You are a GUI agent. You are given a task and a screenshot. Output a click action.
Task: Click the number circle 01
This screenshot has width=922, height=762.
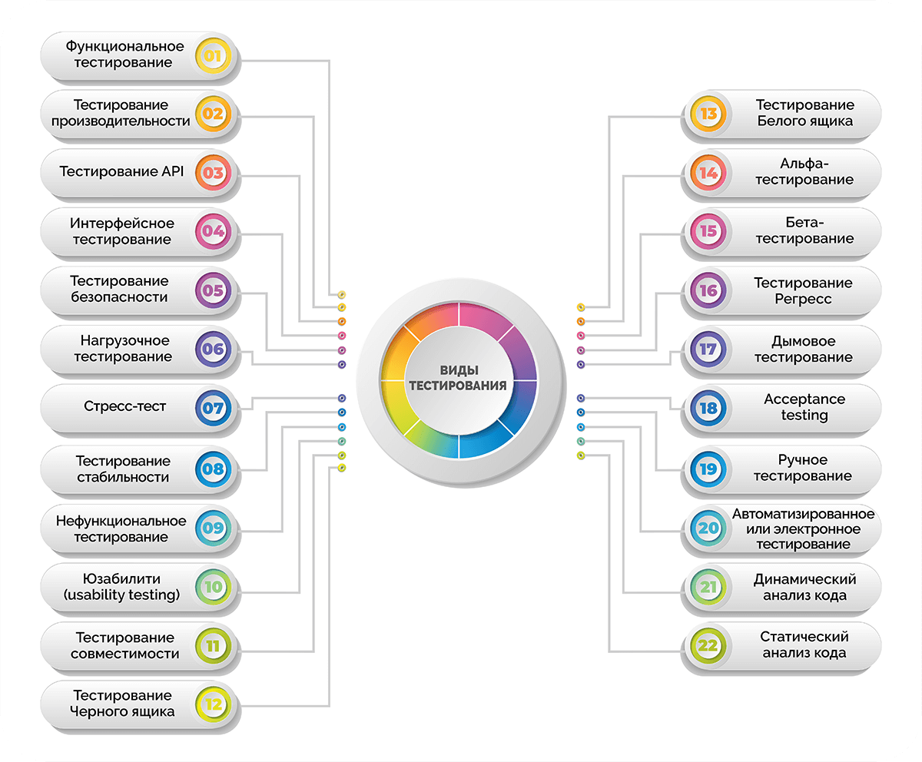click(213, 55)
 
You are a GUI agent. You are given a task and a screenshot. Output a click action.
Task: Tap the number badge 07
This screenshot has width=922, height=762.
click(213, 408)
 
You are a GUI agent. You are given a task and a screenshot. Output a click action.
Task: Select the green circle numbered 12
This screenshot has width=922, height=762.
click(213, 704)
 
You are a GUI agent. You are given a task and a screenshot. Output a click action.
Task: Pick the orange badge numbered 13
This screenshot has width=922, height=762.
click(708, 114)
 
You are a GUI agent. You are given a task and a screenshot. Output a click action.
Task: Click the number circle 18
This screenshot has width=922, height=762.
click(708, 408)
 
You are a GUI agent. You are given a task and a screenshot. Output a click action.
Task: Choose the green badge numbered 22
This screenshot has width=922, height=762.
click(708, 646)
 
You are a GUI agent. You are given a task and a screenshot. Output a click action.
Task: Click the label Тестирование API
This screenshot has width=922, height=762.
click(121, 172)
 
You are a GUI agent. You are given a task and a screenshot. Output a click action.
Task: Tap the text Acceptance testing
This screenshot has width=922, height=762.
click(804, 407)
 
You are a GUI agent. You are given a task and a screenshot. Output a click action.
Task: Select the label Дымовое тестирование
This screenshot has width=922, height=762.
click(804, 350)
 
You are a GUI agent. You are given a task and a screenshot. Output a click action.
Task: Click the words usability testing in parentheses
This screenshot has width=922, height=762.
click(121, 595)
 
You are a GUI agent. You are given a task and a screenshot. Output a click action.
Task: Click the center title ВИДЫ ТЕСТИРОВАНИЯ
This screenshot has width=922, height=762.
click(459, 377)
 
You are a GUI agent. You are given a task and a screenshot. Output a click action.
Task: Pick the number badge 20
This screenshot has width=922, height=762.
click(708, 528)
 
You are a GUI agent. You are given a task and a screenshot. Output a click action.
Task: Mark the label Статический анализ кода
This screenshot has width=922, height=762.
click(804, 645)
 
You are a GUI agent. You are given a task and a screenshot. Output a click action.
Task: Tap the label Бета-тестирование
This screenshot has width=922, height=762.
click(804, 230)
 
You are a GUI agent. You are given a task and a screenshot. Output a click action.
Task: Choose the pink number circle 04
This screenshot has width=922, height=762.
click(213, 231)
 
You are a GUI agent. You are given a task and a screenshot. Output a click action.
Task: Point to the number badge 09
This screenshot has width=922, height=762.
click(213, 528)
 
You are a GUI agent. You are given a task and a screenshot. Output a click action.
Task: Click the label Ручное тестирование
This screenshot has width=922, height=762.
click(803, 468)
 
